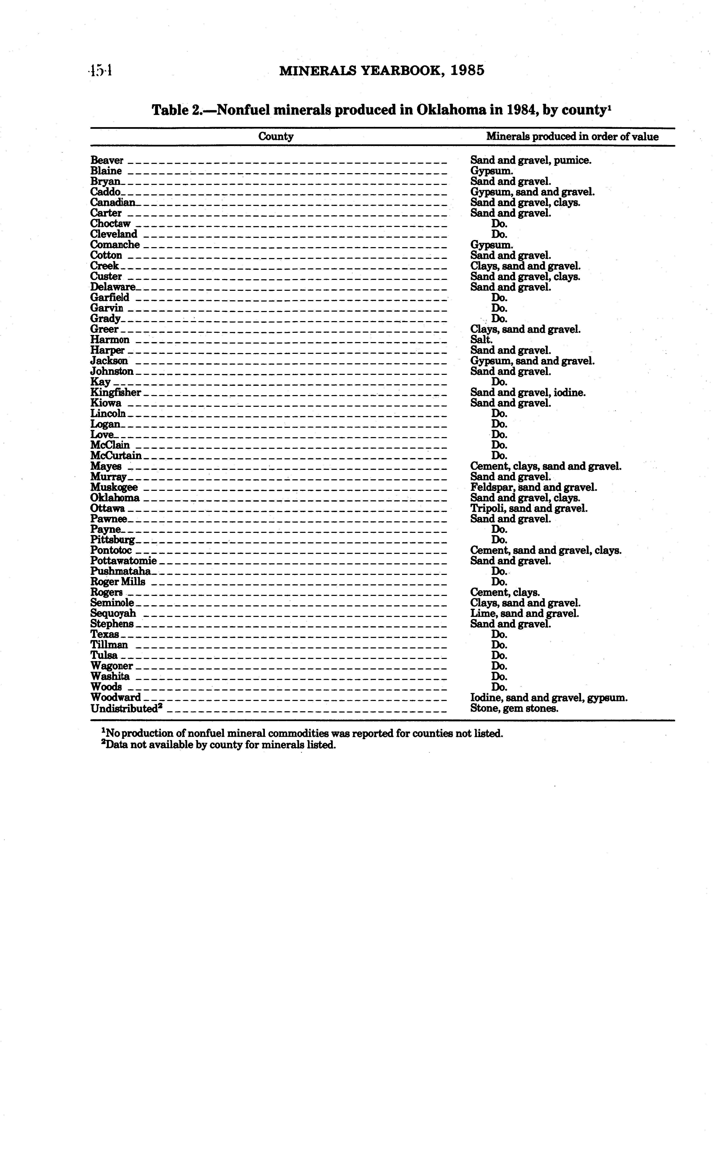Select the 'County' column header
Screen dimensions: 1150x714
point(276,137)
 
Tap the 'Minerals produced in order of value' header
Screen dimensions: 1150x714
point(572,137)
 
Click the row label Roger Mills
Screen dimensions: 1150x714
point(118,582)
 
